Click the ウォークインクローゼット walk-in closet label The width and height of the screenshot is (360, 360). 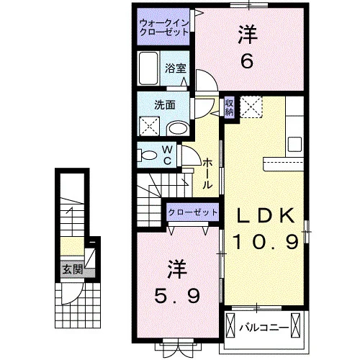click(x=164, y=27)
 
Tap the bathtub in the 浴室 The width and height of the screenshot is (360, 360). click(x=148, y=68)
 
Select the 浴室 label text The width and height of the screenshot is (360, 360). click(x=176, y=68)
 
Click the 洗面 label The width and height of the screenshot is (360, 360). click(x=165, y=105)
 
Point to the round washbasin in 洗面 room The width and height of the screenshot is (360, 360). click(x=178, y=129)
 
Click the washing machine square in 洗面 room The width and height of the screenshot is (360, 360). click(x=150, y=126)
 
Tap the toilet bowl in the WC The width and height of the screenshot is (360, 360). click(x=147, y=156)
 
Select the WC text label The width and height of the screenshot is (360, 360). click(x=167, y=156)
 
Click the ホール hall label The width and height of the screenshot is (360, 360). click(x=208, y=174)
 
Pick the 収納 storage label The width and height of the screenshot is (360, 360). click(x=229, y=107)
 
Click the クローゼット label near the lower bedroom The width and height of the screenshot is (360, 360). click(x=193, y=212)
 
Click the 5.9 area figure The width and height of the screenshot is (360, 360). click(x=177, y=295)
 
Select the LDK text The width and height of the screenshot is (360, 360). click(x=266, y=215)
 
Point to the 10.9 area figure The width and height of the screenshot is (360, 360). click(x=266, y=242)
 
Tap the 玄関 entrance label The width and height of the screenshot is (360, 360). click(x=73, y=269)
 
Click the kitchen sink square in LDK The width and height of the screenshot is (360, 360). click(x=294, y=144)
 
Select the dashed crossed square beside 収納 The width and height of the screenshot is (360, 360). click(x=251, y=107)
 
